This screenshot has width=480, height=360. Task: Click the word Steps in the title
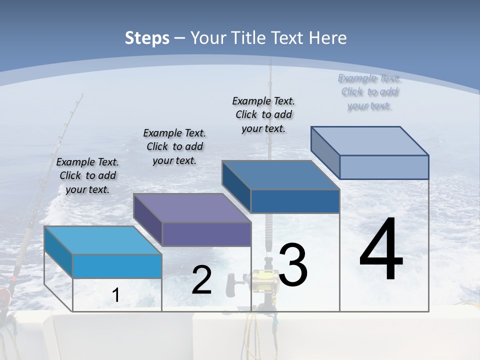[x=147, y=38]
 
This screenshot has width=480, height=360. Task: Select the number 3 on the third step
[x=293, y=265]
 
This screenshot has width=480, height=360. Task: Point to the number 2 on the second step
[x=201, y=280]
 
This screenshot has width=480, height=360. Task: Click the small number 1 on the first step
[x=115, y=295]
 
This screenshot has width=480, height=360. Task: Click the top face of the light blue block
[x=103, y=240]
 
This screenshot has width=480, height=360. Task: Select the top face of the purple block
[x=192, y=208]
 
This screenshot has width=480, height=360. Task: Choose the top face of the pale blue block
[x=370, y=141]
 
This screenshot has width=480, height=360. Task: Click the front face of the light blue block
[x=117, y=266]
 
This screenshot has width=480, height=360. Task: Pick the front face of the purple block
[x=206, y=234]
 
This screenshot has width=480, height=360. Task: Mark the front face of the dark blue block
[x=295, y=201]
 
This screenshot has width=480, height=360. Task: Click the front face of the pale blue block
[x=384, y=167]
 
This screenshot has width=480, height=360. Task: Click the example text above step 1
[x=87, y=175]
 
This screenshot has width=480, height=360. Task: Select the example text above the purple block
[x=174, y=146]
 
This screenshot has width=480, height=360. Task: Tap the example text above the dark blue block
[x=263, y=114]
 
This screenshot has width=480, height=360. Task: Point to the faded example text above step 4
[x=369, y=92]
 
